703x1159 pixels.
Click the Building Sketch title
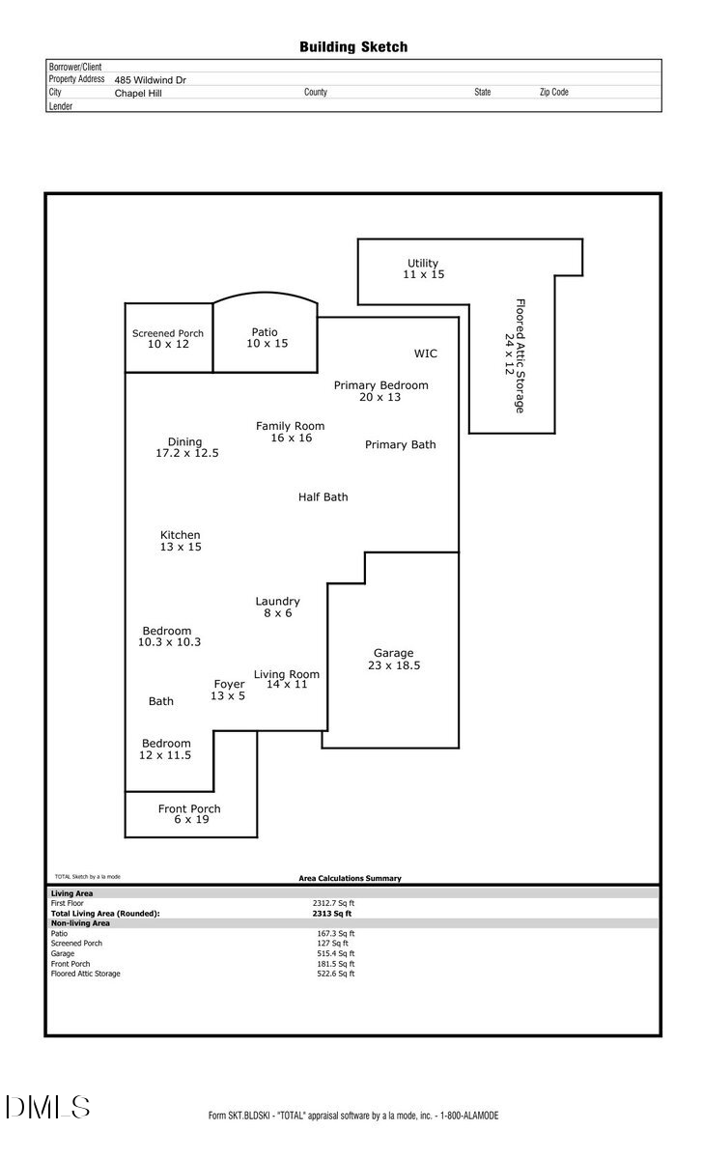click(x=352, y=46)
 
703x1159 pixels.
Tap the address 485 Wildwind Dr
click(x=151, y=80)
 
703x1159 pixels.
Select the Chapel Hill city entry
click(x=138, y=94)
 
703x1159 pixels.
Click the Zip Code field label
click(x=553, y=93)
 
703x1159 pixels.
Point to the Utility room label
click(x=423, y=263)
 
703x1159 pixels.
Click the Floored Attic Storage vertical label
click(x=520, y=355)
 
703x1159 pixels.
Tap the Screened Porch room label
click(x=168, y=333)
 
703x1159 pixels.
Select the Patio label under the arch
click(x=265, y=332)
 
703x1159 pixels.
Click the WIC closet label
click(x=426, y=353)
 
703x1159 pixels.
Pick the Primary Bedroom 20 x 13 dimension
click(x=380, y=397)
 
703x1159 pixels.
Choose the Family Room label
click(x=290, y=426)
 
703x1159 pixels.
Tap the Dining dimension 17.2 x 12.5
click(x=187, y=453)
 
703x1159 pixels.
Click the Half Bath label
click(x=323, y=497)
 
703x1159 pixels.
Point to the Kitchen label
click(x=181, y=535)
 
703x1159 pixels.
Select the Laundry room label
click(x=277, y=602)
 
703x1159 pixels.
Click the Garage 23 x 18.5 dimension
click(x=394, y=665)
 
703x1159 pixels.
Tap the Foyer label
click(x=229, y=685)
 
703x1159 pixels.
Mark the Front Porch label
click(x=189, y=808)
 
